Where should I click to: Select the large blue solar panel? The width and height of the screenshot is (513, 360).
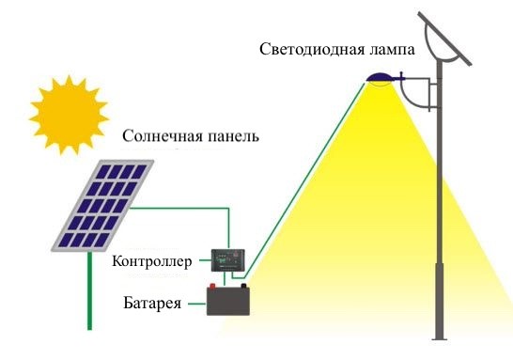[x=104, y=206]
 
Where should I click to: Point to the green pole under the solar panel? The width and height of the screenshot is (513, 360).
[x=89, y=291]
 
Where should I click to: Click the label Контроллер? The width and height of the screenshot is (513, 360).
[x=151, y=259]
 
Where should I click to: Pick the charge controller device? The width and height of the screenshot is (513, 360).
[x=226, y=257]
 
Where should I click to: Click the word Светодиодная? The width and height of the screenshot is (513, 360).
[x=316, y=48]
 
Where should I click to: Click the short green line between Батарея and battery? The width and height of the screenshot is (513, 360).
[x=198, y=304]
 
